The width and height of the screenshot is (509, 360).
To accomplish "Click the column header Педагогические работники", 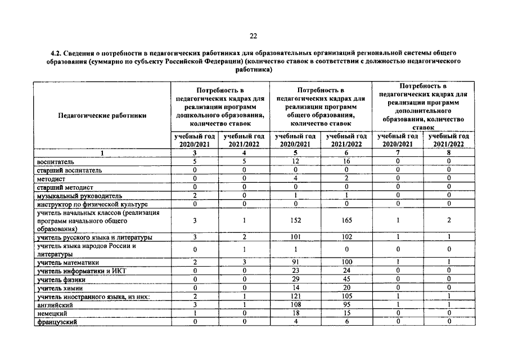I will point(102,115).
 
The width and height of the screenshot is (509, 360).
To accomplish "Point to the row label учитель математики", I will point(68,262).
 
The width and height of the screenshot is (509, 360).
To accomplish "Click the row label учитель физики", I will point(61,279).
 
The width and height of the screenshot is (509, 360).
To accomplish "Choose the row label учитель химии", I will point(60,288).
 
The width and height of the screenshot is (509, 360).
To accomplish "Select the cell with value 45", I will point(346,279).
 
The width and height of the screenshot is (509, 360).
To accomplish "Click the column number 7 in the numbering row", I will point(398,152).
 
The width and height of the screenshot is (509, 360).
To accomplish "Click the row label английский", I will point(55,304).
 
